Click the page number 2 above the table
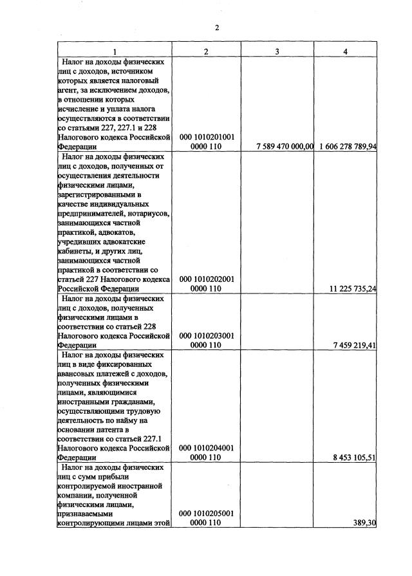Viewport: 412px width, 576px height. pyautogui.click(x=217, y=28)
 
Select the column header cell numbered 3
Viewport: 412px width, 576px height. pyautogui.click(x=276, y=51)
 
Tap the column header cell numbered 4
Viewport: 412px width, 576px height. pyautogui.click(x=346, y=51)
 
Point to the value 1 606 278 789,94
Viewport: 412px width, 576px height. pyautogui.click(x=348, y=147)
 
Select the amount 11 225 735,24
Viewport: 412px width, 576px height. pyautogui.click(x=352, y=289)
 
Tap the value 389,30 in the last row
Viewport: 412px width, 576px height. pyautogui.click(x=364, y=523)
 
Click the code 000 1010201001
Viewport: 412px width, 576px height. pyautogui.click(x=206, y=137)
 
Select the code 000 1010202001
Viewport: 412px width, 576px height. pyautogui.click(x=206, y=279)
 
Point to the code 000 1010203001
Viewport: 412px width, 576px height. pyautogui.click(x=206, y=335)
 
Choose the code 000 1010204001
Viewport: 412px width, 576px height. pyautogui.click(x=206, y=448)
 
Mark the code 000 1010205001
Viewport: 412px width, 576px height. pyautogui.click(x=206, y=514)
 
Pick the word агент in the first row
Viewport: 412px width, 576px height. pyautogui.click(x=68, y=91)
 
